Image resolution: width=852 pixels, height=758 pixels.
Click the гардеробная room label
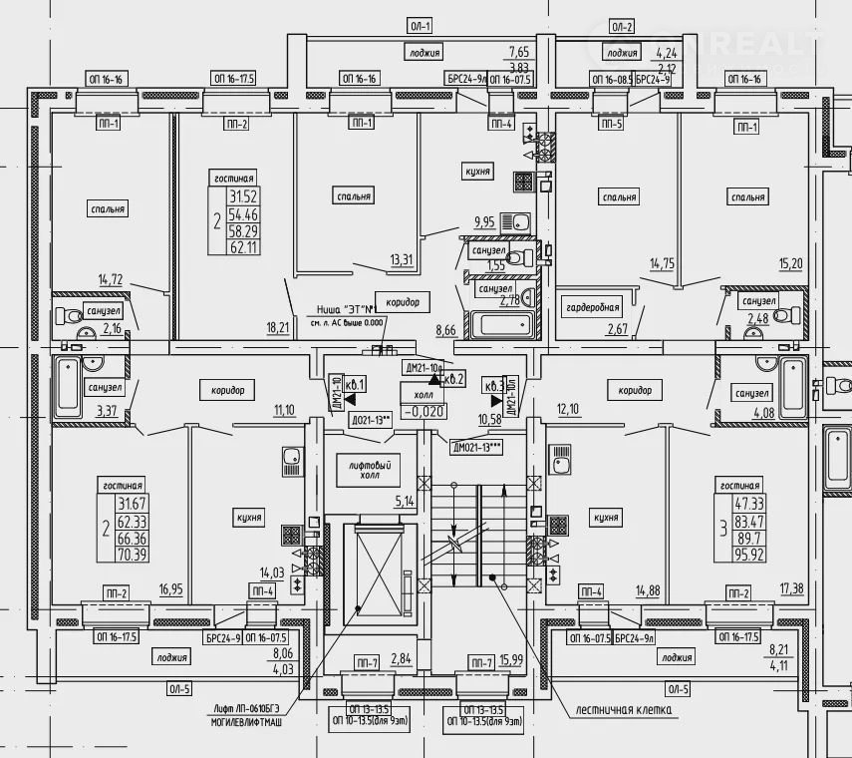click(x=594, y=305)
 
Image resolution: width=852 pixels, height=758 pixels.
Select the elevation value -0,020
click(x=422, y=410)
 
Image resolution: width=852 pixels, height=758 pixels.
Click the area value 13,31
click(x=402, y=261)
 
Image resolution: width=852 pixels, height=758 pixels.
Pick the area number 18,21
click(x=279, y=326)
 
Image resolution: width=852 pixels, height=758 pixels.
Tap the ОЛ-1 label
click(x=420, y=26)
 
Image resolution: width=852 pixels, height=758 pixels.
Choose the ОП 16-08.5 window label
click(x=611, y=79)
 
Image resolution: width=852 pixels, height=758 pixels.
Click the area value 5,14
click(x=404, y=502)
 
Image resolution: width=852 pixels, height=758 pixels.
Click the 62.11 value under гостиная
click(x=243, y=248)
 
